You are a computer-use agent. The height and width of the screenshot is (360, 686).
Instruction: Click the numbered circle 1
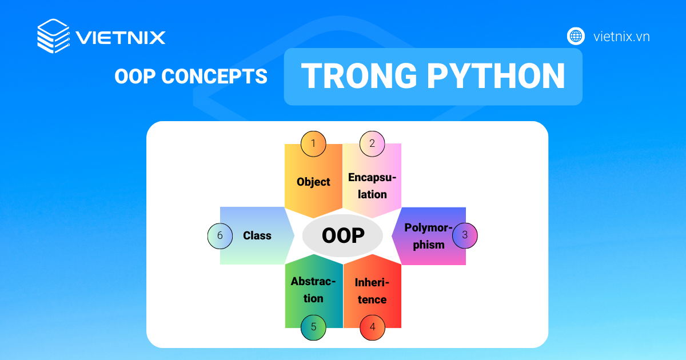click(x=313, y=144)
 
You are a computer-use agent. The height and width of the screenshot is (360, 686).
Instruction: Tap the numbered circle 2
click(x=372, y=144)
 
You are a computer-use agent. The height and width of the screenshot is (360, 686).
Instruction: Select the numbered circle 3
click(x=465, y=235)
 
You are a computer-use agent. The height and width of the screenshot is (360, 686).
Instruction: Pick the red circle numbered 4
click(x=372, y=327)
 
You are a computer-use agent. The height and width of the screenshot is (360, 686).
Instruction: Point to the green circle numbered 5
click(x=313, y=327)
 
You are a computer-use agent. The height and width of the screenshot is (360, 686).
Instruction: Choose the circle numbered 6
click(x=220, y=236)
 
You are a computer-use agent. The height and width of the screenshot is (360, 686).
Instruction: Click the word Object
click(x=313, y=182)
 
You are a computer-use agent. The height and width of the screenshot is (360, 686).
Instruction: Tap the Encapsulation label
click(x=372, y=186)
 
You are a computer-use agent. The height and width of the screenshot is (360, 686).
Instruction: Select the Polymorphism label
click(x=428, y=236)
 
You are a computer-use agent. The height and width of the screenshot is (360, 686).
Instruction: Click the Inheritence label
click(x=372, y=291)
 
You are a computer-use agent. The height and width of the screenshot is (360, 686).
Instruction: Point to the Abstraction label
click(x=313, y=290)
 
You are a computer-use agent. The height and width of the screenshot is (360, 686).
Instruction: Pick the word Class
click(x=257, y=235)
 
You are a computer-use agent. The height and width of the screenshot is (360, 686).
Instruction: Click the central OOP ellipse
click(x=342, y=235)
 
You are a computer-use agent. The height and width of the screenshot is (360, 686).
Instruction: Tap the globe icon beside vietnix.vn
click(x=576, y=36)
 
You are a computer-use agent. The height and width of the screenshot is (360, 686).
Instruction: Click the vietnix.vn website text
click(x=621, y=37)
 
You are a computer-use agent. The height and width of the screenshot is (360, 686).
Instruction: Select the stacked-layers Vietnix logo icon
click(x=54, y=36)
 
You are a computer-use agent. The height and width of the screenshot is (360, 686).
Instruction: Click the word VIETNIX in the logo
click(x=121, y=37)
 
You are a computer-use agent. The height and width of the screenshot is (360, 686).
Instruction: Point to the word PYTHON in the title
click(x=496, y=76)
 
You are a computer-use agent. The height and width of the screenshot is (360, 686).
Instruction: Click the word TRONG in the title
click(x=359, y=76)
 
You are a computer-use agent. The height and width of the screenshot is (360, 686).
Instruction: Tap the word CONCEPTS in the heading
click(x=214, y=76)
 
